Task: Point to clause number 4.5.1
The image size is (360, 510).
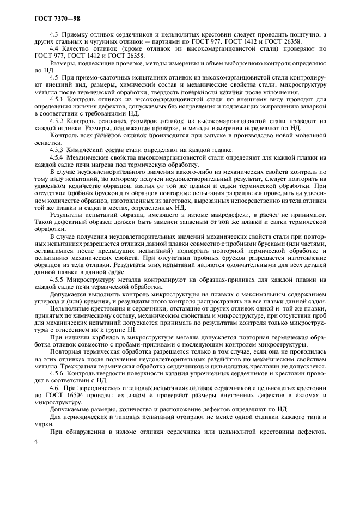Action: tap(57, 100)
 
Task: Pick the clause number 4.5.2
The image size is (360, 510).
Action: tap(57, 120)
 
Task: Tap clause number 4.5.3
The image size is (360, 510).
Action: tap(57, 150)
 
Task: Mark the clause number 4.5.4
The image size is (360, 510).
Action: tap(57, 157)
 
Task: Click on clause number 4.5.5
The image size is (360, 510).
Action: tap(57, 280)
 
